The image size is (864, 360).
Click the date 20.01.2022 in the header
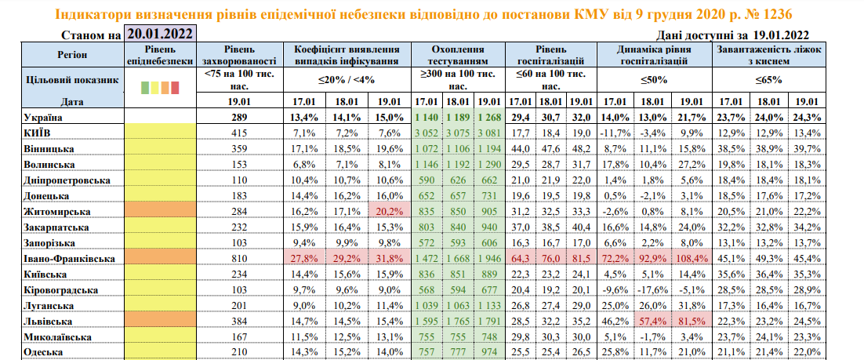pyautogui.click(x=159, y=34)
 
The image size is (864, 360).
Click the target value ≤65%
pyautogui.click(x=769, y=79)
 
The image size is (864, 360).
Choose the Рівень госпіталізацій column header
pyautogui.click(x=549, y=54)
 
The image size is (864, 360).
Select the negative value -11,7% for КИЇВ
pyautogui.click(x=615, y=133)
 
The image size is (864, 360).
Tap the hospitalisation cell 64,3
pyautogui.click(x=520, y=258)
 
